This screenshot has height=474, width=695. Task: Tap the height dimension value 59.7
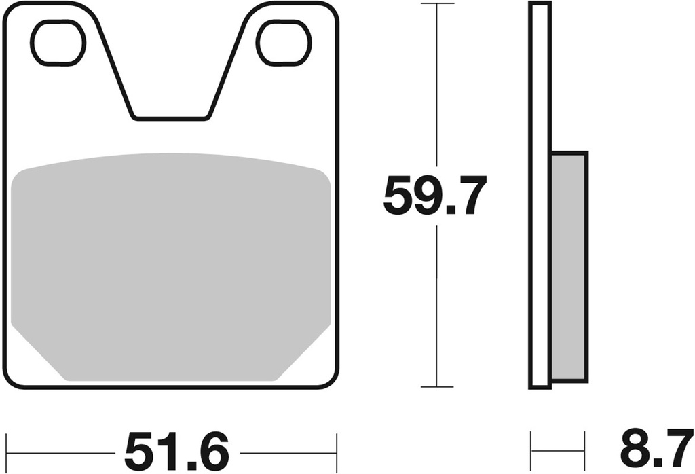[x=434, y=196]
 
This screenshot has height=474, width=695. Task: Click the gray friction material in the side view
[x=569, y=265]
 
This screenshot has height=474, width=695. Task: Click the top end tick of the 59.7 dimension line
[x=436, y=4]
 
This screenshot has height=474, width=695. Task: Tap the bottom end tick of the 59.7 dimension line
[x=436, y=387]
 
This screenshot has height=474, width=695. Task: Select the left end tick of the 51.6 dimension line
[x=6, y=452]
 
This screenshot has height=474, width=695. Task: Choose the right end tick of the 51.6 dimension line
[x=336, y=452]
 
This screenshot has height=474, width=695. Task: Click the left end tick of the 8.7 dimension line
[x=531, y=452]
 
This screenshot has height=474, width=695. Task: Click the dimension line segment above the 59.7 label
[x=436, y=88]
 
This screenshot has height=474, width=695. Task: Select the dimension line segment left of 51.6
[x=61, y=452]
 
